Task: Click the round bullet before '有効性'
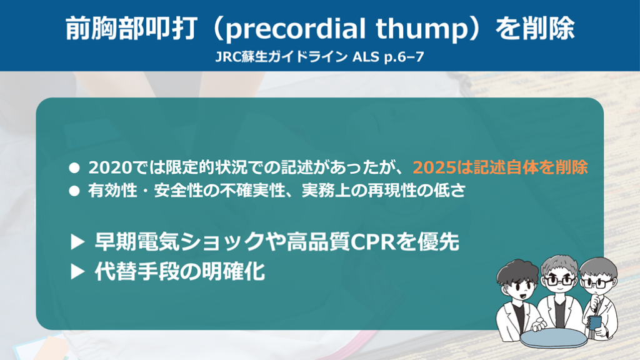click(x=74, y=191)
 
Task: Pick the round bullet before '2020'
click(x=74, y=167)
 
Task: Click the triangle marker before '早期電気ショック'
click(x=77, y=242)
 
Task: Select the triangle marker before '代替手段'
click(x=77, y=271)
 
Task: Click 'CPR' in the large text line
click(x=372, y=242)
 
